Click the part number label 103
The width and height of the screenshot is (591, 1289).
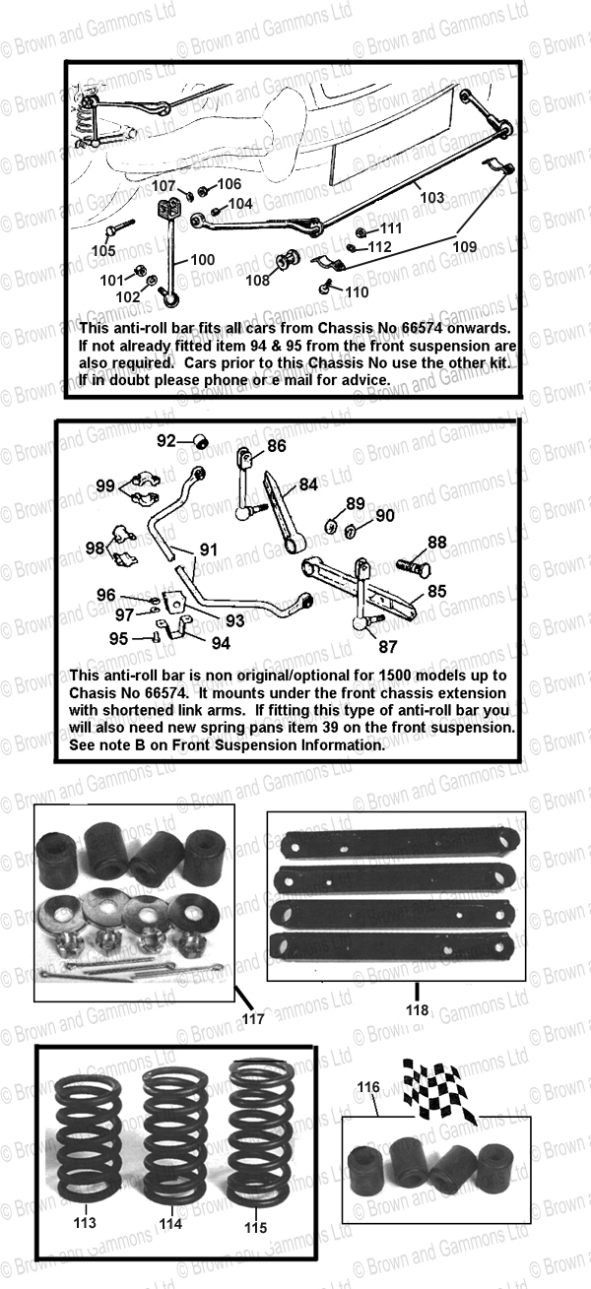coord(431,197)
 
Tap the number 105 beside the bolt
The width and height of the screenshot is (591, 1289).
coord(103,250)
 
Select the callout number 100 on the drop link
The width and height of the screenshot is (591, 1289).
coord(202,260)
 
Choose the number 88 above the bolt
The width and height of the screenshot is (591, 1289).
coord(436,542)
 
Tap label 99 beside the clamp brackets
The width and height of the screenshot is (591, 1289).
coord(105,486)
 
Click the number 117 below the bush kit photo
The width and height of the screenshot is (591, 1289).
coord(253,1019)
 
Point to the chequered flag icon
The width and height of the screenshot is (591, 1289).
coord(440,1090)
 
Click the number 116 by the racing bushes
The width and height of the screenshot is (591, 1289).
coord(368,1086)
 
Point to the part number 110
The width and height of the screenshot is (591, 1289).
coord(356,291)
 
